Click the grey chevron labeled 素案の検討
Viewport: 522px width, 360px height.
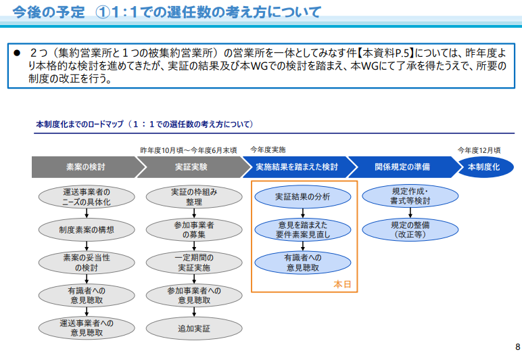pos(86,167)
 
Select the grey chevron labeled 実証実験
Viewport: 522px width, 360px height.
pos(191,167)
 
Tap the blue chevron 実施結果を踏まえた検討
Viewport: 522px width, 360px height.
pos(297,167)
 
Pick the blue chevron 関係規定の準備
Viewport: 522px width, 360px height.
pos(402,167)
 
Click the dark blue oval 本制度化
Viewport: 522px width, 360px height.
pos(484,167)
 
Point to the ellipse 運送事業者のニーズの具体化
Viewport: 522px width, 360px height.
pos(87,197)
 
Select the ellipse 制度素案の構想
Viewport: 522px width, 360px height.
pos(87,230)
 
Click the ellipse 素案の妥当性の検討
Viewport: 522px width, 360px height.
pos(87,263)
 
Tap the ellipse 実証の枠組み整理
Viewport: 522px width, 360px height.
pos(194,197)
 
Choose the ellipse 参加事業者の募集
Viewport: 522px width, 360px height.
pos(194,230)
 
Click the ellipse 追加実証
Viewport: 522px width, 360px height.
pos(194,329)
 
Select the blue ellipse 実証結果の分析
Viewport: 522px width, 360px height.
pos(303,197)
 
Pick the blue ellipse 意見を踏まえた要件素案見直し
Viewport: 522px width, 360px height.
pos(303,230)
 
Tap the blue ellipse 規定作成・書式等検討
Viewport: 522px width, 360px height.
pos(410,196)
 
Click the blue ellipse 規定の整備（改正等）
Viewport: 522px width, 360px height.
pos(410,230)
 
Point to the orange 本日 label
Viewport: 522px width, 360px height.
pos(342,284)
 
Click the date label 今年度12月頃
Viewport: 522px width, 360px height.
pos(479,150)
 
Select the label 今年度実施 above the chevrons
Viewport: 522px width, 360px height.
pos(268,150)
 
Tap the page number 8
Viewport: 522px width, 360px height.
pos(518,346)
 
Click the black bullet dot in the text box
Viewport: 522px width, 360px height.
pos(17,53)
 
